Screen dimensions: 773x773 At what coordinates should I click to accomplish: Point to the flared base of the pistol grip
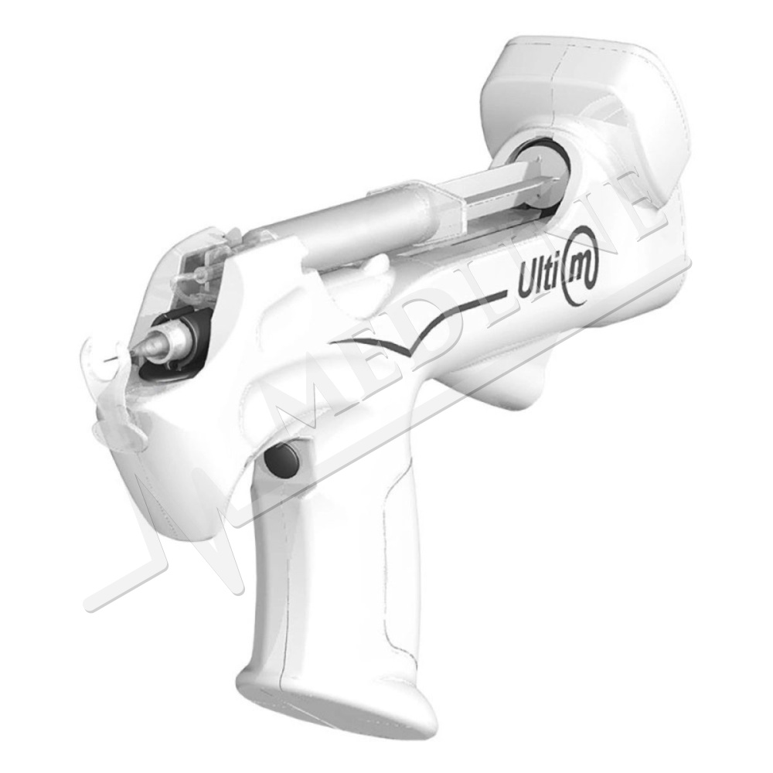coord(335,700)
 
